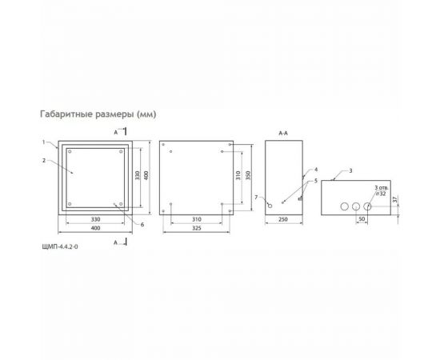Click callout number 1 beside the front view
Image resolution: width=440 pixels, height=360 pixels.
[x=46, y=142]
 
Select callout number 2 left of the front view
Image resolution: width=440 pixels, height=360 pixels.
[x=46, y=159]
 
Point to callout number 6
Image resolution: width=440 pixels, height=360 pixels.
[x=142, y=224]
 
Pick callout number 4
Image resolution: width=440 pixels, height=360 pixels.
[x=316, y=170]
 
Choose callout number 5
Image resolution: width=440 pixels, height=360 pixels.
[x=316, y=182]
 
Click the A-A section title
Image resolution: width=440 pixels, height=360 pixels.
[x=282, y=132]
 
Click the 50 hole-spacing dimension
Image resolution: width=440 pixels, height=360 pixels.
[x=362, y=218]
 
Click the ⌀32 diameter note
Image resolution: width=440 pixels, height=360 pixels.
[x=382, y=193]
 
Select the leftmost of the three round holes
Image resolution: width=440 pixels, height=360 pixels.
[x=342, y=206]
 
